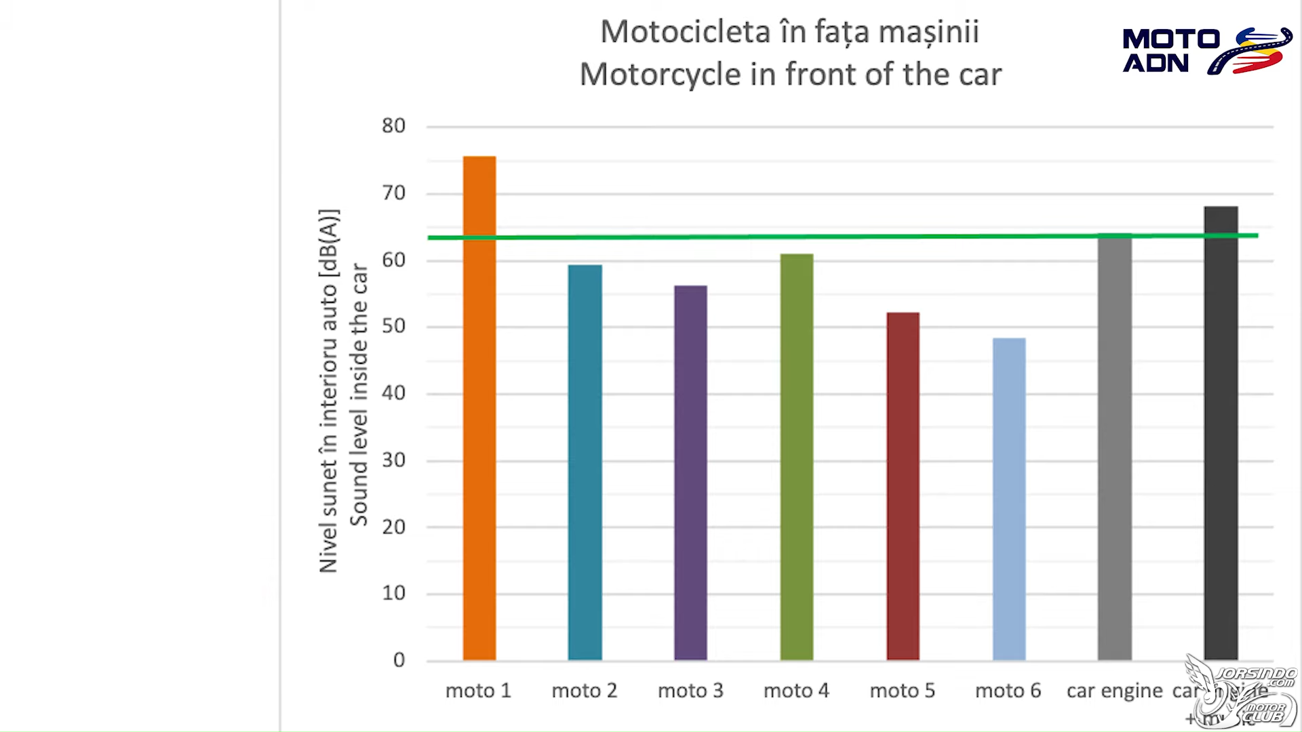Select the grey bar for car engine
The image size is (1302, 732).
(1115, 447)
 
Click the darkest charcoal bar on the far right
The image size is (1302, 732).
(1221, 433)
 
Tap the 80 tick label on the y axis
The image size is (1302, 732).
(393, 126)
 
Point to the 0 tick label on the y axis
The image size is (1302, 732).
(399, 660)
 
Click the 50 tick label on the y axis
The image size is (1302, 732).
(393, 326)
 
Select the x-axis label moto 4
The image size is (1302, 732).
(796, 691)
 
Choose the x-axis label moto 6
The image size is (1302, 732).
(1008, 691)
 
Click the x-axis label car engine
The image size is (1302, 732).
(1114, 691)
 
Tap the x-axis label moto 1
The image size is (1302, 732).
(478, 691)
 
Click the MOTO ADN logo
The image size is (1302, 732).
(1206, 51)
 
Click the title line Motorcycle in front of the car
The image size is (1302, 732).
(790, 75)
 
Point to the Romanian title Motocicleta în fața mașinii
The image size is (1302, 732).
(790, 32)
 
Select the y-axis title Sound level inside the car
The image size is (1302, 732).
(359, 394)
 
